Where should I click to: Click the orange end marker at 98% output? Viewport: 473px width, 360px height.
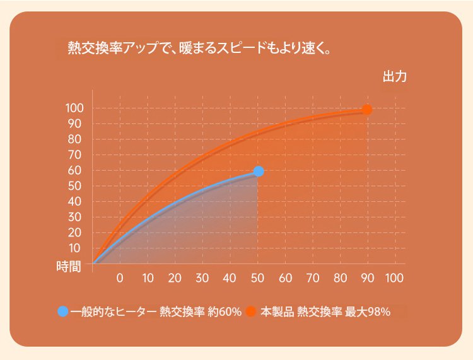(x=366, y=110)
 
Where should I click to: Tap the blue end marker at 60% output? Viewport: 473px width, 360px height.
(x=258, y=171)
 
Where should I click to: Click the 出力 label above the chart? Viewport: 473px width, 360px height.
(x=394, y=78)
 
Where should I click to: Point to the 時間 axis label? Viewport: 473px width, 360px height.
(x=69, y=266)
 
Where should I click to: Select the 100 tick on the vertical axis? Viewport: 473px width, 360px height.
(x=74, y=108)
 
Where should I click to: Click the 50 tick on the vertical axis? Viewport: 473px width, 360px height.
(x=74, y=186)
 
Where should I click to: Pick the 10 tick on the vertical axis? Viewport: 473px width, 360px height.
(x=74, y=248)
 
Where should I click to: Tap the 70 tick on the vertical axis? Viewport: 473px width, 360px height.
(x=74, y=155)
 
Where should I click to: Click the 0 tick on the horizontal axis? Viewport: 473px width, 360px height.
(x=120, y=278)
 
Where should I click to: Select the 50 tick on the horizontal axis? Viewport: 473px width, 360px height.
(x=257, y=278)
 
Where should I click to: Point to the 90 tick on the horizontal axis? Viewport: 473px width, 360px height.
(x=367, y=278)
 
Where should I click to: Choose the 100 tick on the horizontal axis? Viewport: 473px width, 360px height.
(x=394, y=278)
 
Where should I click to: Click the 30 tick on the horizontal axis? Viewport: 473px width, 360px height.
(x=202, y=278)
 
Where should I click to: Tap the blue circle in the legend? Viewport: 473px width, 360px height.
(x=62, y=311)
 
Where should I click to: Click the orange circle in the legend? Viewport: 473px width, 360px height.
(x=252, y=311)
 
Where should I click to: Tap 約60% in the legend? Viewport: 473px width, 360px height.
(x=225, y=311)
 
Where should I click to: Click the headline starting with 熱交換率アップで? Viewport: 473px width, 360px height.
(x=199, y=49)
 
